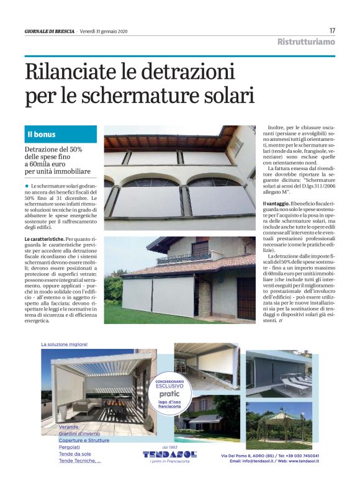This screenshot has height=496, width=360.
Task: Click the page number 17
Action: coord(332,30)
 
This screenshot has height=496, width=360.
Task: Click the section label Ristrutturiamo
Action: coord(306,42)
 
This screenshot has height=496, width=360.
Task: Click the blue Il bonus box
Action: coord(60,134)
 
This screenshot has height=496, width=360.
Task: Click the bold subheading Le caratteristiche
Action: coord(44,238)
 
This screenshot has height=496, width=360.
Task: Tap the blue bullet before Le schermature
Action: coord(27,186)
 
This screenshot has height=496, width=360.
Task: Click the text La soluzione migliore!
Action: coord(65,344)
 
